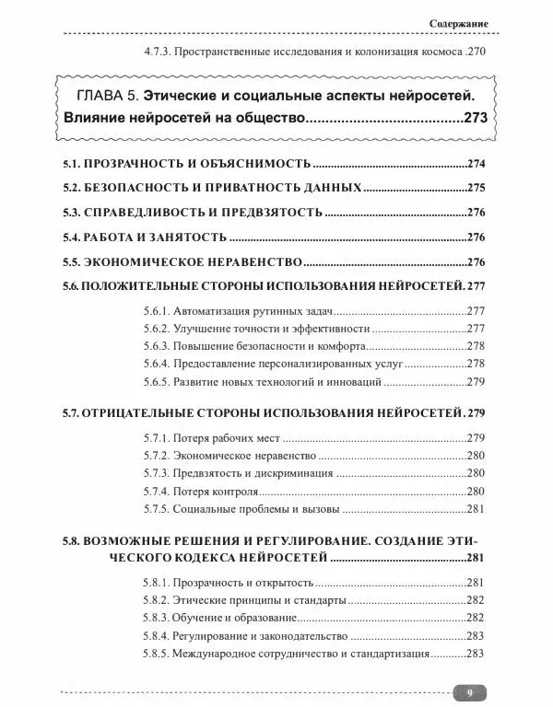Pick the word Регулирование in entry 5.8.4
(x=216, y=636)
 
